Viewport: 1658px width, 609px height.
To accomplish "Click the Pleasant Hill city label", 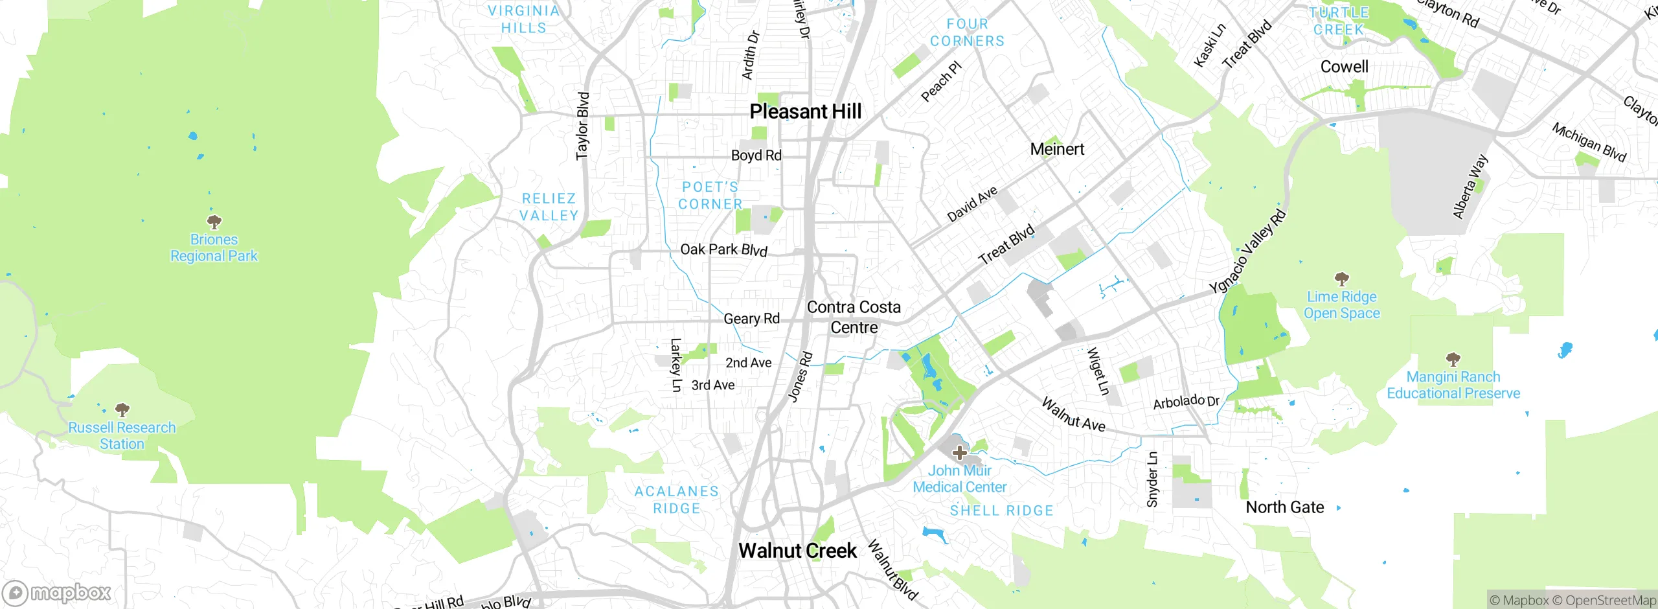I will pos(805,111).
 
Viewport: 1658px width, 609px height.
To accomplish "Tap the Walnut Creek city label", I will pos(797,551).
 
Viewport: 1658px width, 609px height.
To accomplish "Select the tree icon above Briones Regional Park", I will pos(214,222).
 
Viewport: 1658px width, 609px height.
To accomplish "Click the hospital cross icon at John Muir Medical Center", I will pos(960,452).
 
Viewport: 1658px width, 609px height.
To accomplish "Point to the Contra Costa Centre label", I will pos(854,317).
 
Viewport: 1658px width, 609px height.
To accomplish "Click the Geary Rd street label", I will pos(751,319).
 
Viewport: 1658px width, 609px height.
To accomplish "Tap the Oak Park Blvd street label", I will pos(723,249).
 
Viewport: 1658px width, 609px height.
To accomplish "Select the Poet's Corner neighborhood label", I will pos(710,196).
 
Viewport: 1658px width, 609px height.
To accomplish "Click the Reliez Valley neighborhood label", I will pos(549,207).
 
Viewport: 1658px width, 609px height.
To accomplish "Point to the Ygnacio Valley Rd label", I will pos(1247,251).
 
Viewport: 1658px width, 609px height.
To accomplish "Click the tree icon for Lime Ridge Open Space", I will pos(1341,279).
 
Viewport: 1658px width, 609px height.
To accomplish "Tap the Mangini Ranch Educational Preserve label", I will pos(1453,385).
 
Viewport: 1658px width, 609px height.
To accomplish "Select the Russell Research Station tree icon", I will pos(122,409).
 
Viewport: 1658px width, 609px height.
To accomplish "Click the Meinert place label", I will pos(1057,150).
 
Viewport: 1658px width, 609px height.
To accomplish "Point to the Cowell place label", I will pos(1344,67).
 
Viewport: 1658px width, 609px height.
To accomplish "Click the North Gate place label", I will pos(1284,507).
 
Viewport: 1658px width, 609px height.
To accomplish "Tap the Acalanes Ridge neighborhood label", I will pos(677,500).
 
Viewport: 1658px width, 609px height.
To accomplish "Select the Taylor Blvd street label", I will pos(583,126).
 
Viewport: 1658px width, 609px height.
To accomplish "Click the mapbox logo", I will pos(57,593).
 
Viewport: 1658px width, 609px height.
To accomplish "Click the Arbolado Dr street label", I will pos(1186,402).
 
